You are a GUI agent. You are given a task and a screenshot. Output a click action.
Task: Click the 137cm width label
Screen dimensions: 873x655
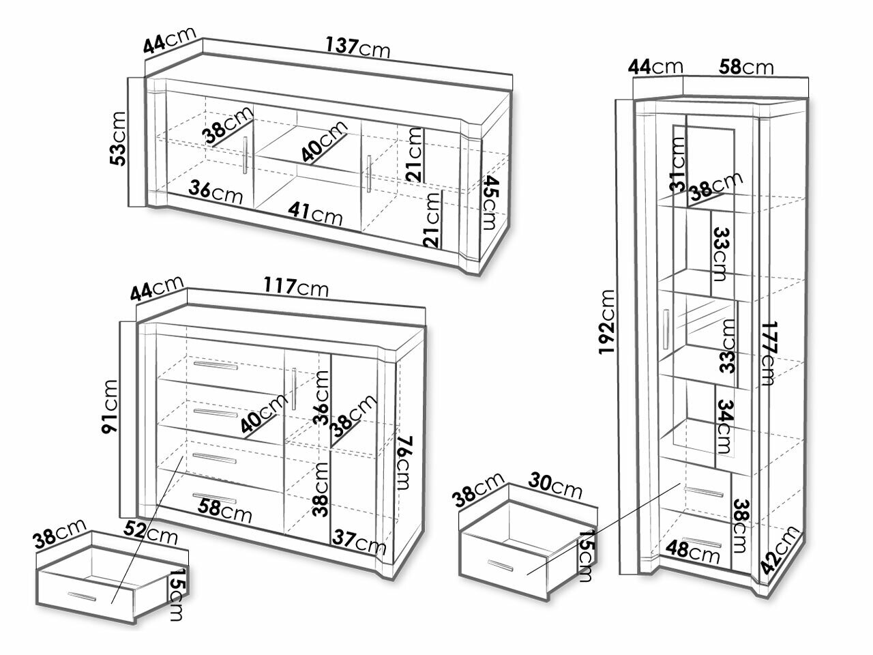[x=358, y=47]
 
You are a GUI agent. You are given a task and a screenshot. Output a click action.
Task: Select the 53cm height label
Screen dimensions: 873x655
[x=118, y=139]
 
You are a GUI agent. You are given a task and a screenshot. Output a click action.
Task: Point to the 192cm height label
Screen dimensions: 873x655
[x=607, y=321]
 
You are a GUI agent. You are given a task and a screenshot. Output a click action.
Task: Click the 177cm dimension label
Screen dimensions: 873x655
[x=768, y=353]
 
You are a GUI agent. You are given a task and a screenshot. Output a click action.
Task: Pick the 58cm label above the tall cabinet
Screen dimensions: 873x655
[x=746, y=68]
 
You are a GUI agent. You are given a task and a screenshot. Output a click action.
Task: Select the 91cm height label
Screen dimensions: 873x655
[x=110, y=407]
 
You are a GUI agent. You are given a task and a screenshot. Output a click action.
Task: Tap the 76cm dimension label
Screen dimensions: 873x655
[x=404, y=463]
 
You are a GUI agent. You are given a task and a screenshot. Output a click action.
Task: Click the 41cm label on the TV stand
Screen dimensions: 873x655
[x=315, y=214]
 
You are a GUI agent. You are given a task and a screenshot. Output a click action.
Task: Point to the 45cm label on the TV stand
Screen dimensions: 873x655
[x=491, y=203]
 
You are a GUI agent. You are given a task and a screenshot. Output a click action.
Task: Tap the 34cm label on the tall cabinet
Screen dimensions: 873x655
[x=725, y=426]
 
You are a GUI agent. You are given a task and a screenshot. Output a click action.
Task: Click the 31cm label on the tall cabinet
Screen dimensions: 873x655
[x=678, y=164]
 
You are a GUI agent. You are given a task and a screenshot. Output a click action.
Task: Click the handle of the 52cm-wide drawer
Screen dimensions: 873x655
[x=82, y=596]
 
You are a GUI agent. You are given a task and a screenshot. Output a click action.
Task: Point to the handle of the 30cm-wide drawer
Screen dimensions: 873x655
[x=501, y=566]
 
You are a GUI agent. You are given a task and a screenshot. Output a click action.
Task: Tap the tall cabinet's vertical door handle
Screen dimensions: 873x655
[x=666, y=330]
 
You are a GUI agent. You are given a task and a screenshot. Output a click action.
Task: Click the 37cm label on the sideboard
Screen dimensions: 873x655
[x=359, y=541]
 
